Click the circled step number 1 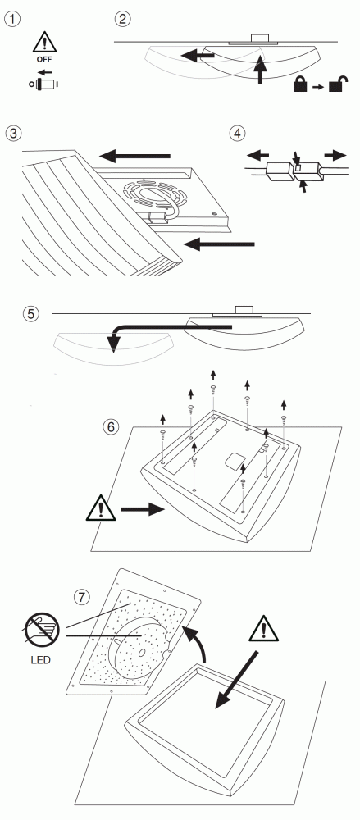(12, 20)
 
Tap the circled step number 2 (122, 20)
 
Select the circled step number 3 (13, 133)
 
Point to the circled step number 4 (237, 133)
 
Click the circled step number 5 (31, 314)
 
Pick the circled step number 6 (111, 426)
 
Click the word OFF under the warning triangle (44, 60)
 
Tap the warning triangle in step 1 (44, 43)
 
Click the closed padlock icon (300, 84)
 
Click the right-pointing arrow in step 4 (335, 155)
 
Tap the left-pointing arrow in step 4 (258, 155)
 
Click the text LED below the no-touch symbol (40, 660)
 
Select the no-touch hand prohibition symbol (41, 629)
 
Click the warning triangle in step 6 (101, 508)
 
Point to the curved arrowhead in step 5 (113, 342)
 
